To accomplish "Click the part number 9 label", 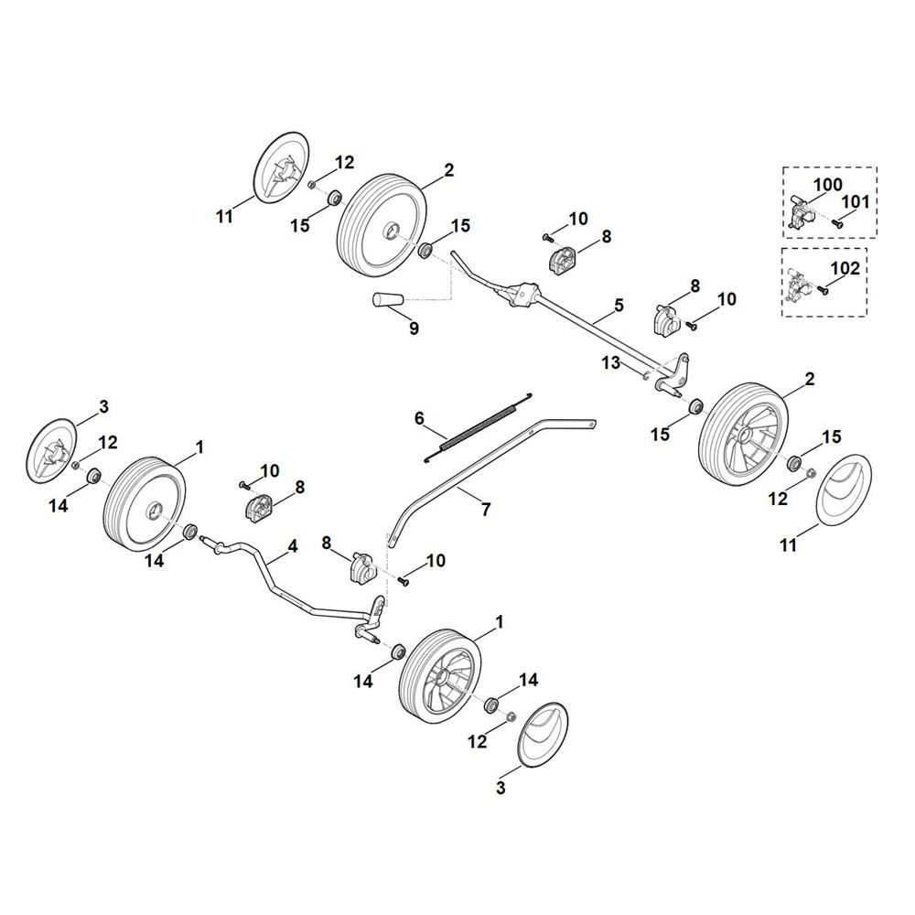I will point(414,328).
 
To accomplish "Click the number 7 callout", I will point(485,509).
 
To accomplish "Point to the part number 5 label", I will point(619,305).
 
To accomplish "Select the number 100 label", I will point(828,185).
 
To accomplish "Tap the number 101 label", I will point(856,201).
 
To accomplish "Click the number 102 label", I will point(844,269).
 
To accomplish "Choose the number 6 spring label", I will point(419,418).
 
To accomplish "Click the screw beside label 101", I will point(837,221).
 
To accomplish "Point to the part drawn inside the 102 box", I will point(798,284).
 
